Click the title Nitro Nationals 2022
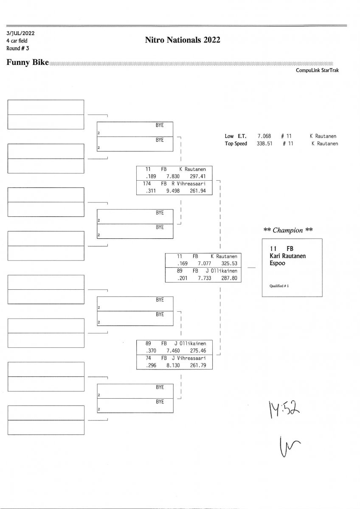[183, 40]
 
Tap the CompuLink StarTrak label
[317, 70]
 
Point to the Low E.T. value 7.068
[264, 136]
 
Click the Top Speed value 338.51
[264, 143]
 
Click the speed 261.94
[197, 191]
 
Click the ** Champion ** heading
[288, 230]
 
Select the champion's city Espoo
[278, 263]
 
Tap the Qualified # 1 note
[279, 285]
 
